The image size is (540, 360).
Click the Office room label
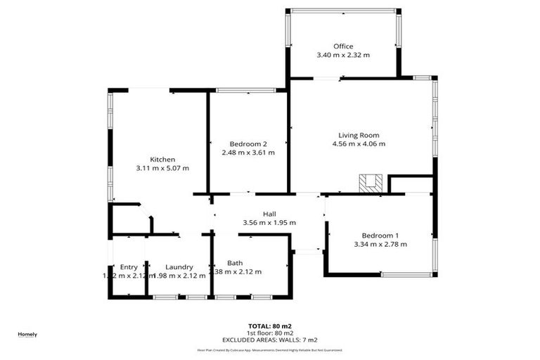tap(343, 46)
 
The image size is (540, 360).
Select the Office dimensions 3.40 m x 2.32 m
tap(343, 55)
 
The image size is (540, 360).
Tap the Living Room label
tap(359, 135)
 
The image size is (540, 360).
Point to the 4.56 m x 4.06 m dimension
tap(359, 144)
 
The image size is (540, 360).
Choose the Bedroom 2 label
tap(248, 143)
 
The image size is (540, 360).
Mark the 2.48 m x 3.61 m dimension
tap(248, 152)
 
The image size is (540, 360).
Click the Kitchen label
tap(162, 159)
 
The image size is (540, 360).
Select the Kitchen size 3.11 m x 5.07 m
tap(162, 168)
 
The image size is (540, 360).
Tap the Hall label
tap(269, 214)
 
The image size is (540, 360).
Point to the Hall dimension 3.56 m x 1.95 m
tap(269, 223)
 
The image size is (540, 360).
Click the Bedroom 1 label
tap(380, 235)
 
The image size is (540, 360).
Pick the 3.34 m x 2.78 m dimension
tap(380, 244)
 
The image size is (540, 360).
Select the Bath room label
tap(235, 263)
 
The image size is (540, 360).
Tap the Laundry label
tap(179, 266)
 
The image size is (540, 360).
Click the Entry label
tap(129, 266)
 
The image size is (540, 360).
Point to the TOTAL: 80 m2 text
tap(270, 326)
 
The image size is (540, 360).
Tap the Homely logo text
tap(27, 334)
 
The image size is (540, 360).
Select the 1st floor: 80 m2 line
tap(270, 333)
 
